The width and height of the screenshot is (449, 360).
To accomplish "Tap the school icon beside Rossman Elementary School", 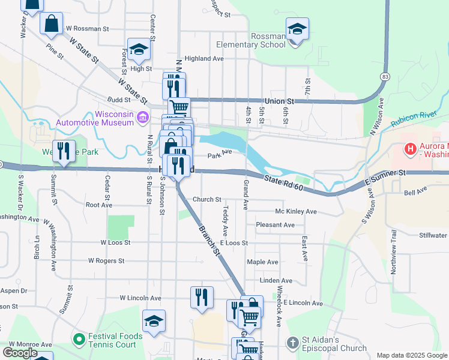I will pyautogui.click(x=297, y=28).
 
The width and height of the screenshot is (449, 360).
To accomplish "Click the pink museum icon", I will pyautogui.click(x=143, y=117).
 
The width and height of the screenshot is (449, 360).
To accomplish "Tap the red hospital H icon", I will pyautogui.click(x=411, y=148).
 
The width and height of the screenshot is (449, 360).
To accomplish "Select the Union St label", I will pyautogui.click(x=281, y=101).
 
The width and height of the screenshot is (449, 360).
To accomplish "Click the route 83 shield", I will pyautogui.click(x=385, y=77).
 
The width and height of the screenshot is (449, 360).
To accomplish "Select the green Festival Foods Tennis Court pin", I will pyautogui.click(x=79, y=340).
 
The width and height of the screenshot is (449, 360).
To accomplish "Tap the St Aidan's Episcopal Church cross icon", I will pyautogui.click(x=292, y=343).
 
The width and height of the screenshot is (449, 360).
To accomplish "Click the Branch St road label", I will pyautogui.click(x=208, y=238).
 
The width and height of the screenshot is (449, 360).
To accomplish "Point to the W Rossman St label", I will pyautogui.click(x=88, y=28).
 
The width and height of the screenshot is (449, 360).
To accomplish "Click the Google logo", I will pyautogui.click(x=20, y=353).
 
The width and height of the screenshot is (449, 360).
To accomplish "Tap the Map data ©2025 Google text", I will pyautogui.click(x=411, y=355).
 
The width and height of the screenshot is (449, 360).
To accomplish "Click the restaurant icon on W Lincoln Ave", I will pyautogui.click(x=202, y=297).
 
